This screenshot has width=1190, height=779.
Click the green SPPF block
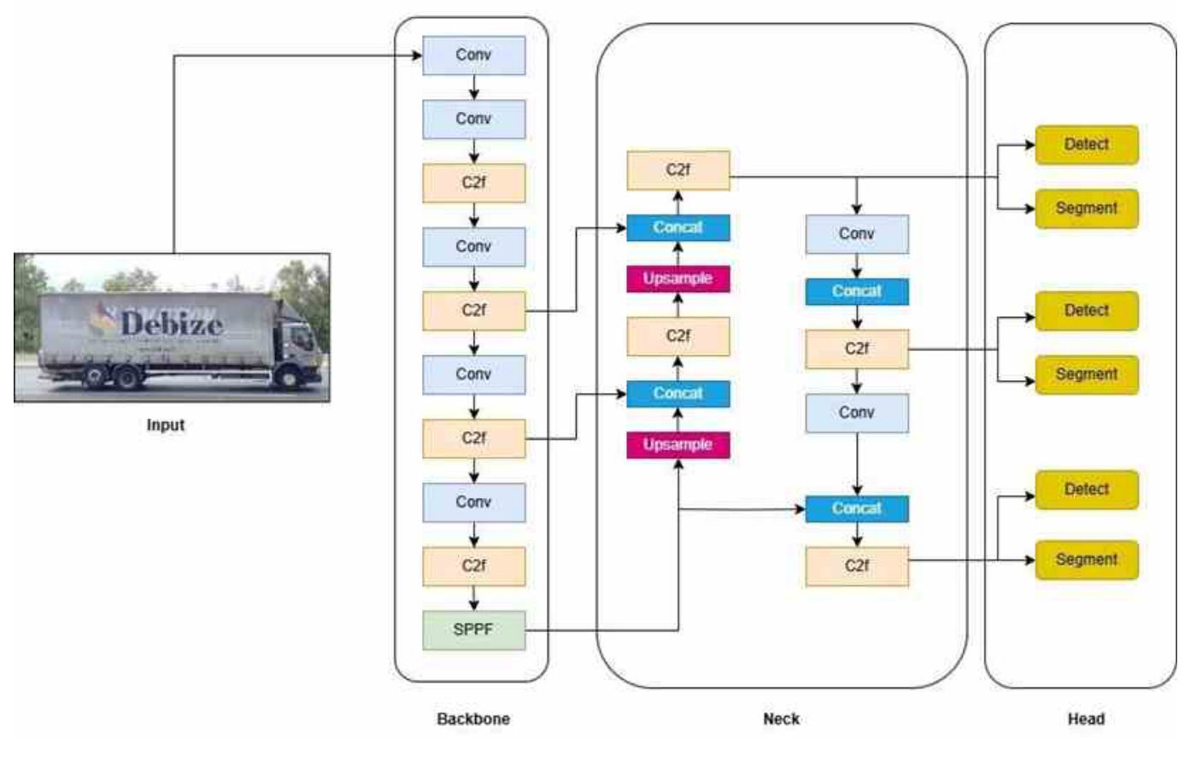click(473, 630)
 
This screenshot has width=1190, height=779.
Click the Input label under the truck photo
click(165, 425)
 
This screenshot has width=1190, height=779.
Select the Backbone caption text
click(473, 719)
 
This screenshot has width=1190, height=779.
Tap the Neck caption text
click(781, 719)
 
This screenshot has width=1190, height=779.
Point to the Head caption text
click(1086, 719)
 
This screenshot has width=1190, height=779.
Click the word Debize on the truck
click(171, 324)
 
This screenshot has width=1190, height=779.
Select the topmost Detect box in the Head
click(1086, 145)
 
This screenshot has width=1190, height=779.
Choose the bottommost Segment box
click(1086, 560)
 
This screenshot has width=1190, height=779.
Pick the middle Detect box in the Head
click(1086, 311)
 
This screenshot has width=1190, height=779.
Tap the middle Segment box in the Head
click(1086, 375)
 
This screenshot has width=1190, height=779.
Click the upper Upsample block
click(677, 279)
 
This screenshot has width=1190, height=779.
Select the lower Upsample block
click(677, 445)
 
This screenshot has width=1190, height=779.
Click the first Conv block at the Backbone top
click(473, 56)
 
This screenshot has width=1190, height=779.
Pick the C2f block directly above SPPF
click(473, 566)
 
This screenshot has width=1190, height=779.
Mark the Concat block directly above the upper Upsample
click(677, 228)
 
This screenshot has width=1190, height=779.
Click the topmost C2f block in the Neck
click(677, 170)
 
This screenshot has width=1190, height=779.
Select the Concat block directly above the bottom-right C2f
click(857, 509)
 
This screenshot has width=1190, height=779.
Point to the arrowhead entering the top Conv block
click(418, 56)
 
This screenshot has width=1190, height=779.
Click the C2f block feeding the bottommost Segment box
click(857, 566)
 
